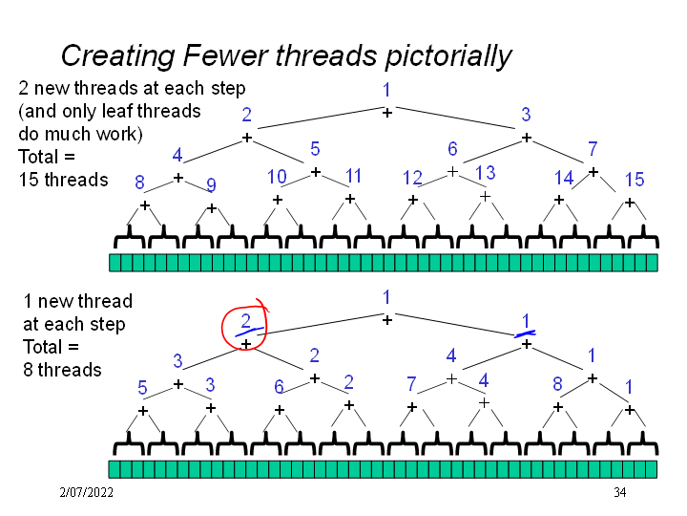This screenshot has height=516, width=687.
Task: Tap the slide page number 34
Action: (619, 493)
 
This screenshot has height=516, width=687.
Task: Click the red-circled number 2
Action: (245, 321)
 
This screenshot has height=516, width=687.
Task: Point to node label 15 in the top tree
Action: (635, 180)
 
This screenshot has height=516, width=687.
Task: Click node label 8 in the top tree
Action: (139, 182)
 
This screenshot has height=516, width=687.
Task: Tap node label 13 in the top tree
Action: (485, 173)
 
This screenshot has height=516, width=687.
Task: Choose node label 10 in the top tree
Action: (277, 177)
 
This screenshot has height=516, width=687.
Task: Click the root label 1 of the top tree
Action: (386, 91)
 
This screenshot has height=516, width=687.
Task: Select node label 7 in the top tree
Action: (593, 149)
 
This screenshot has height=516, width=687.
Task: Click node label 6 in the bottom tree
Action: (278, 387)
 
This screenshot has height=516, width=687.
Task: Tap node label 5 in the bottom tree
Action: (142, 388)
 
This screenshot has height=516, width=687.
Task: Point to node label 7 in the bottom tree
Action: (411, 384)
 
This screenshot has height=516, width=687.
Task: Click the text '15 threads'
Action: (63, 180)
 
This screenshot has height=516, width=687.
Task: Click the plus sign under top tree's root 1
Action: (387, 113)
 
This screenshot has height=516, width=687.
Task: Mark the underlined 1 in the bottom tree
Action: (526, 321)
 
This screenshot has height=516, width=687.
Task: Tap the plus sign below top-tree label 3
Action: (526, 138)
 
